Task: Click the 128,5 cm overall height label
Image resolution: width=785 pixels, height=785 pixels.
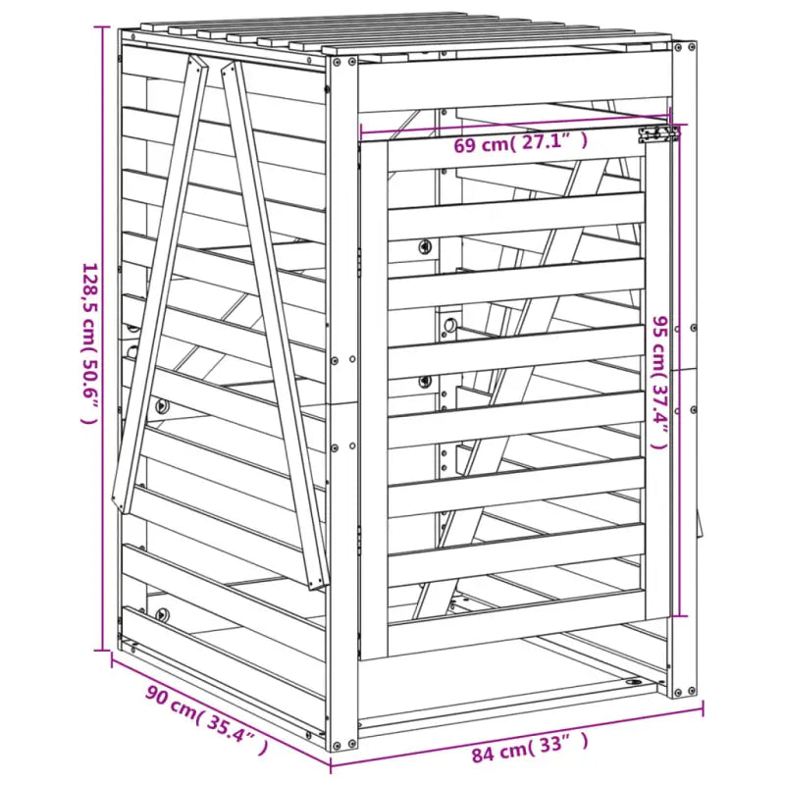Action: coord(89,342)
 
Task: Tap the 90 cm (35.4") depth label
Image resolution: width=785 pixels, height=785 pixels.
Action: coord(207,721)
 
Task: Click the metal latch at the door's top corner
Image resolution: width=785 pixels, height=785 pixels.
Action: coord(657,133)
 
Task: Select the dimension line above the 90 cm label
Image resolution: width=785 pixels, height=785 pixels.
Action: coord(216,705)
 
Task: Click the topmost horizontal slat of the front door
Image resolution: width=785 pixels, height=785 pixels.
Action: coord(515,212)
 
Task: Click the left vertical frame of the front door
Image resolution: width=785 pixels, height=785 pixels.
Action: coord(373,392)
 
